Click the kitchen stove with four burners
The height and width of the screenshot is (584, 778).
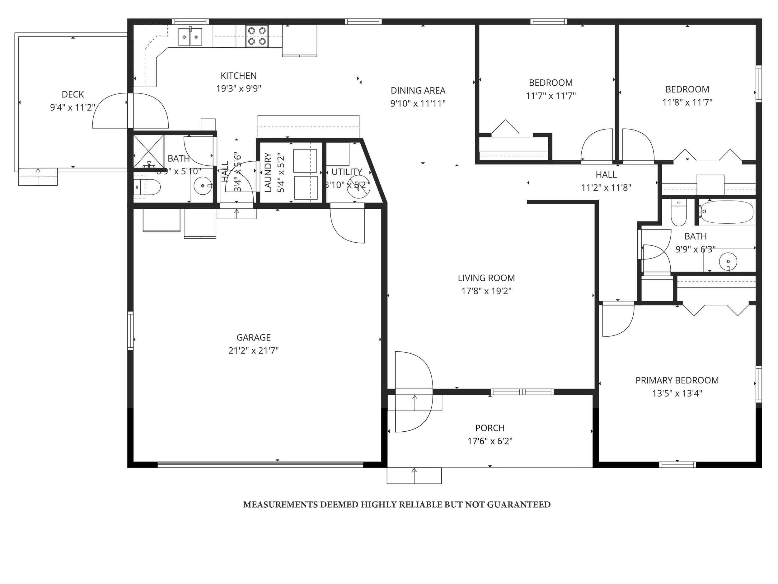(257, 36)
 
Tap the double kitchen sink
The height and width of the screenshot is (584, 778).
(190, 37)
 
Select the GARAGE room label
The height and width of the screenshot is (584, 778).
(253, 337)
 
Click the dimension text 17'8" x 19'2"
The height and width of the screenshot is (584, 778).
(486, 291)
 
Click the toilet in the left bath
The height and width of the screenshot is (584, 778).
(148, 187)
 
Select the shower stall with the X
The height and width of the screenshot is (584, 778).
(149, 150)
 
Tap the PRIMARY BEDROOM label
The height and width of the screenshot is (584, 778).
(677, 380)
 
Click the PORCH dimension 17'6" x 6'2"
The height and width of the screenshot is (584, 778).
(490, 441)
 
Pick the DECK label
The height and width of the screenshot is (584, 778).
(73, 94)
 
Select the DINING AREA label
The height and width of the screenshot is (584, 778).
(418, 90)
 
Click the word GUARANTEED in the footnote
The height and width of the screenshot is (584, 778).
(518, 505)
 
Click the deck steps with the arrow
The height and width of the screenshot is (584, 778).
(38, 177)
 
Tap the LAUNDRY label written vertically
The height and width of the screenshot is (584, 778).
(268, 172)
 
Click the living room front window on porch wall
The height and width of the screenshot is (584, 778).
(522, 392)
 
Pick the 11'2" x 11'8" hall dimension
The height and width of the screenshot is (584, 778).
(606, 188)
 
